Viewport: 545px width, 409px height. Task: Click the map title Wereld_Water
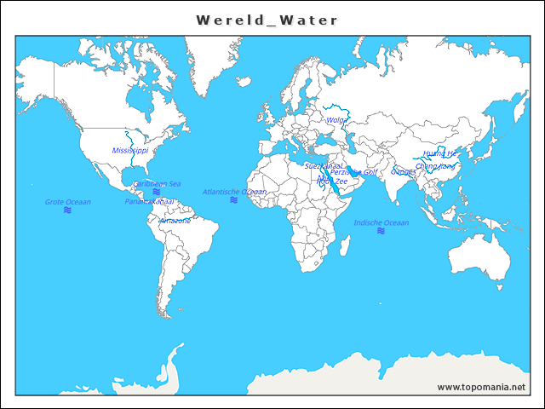click(x=267, y=20)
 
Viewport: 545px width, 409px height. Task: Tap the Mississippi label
click(x=130, y=150)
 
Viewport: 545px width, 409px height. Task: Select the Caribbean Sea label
click(x=157, y=183)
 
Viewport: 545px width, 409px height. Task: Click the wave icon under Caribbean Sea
click(x=156, y=192)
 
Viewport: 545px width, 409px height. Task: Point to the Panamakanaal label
click(x=149, y=202)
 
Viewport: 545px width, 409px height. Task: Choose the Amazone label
click(x=175, y=220)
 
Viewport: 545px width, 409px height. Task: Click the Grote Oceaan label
click(x=68, y=202)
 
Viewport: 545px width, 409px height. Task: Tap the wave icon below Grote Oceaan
click(x=67, y=210)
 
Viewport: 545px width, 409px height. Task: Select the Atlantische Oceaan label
click(x=234, y=192)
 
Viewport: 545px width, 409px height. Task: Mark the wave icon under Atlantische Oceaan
click(x=233, y=200)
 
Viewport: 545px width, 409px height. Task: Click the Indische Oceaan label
click(x=381, y=222)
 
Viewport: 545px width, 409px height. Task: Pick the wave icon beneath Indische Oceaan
click(x=381, y=231)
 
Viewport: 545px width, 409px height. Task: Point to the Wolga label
click(x=336, y=120)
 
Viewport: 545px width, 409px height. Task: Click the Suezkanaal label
click(x=324, y=165)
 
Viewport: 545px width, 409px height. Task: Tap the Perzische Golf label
click(x=353, y=172)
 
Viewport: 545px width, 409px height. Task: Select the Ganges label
click(x=403, y=172)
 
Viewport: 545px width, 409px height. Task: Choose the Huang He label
click(x=440, y=153)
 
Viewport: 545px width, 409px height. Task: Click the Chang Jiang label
click(x=435, y=166)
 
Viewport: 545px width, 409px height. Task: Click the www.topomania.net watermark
click(x=481, y=387)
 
